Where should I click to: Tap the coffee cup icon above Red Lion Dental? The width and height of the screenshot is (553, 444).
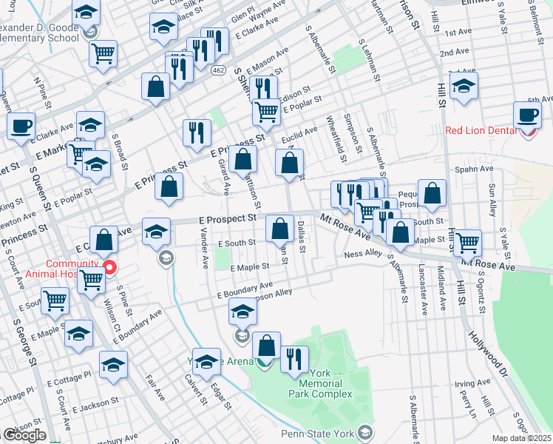528,115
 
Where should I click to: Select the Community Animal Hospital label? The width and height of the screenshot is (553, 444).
72,269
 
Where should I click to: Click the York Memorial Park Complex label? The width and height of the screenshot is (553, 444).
320,383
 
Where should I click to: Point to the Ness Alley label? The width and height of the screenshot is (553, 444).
362,254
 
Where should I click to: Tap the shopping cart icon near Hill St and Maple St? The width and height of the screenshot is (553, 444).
467,242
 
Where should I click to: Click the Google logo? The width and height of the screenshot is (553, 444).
24,435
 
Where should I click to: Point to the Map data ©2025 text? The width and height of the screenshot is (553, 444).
522,439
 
